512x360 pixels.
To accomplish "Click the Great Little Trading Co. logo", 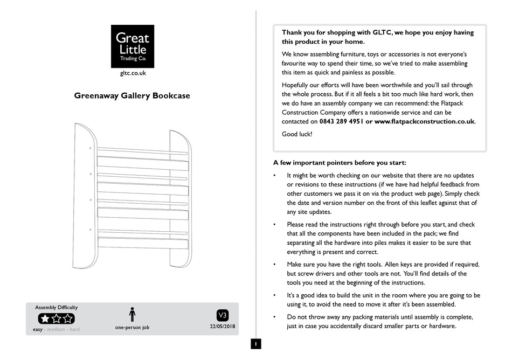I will [133, 46].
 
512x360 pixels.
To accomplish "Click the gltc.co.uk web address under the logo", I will [133, 73].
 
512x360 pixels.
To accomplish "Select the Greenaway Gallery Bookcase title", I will [132, 96].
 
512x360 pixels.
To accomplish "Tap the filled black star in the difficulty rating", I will [45, 319].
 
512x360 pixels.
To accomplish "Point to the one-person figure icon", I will [132, 314].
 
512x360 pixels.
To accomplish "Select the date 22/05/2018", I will [222, 327].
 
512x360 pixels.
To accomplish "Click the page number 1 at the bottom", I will [257, 343].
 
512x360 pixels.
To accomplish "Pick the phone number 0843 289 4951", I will [341, 122].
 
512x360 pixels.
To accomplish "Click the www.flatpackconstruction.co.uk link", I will [424, 122].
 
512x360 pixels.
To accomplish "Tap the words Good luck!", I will [297, 134].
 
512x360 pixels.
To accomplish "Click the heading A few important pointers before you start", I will [340, 163].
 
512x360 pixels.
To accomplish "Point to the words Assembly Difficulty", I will [56, 307].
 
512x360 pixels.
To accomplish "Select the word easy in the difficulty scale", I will [38, 329].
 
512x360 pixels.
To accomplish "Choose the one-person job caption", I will [132, 327].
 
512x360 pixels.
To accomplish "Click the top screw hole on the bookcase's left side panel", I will [90, 148].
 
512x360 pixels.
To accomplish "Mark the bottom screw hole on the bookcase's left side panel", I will [90, 230].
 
